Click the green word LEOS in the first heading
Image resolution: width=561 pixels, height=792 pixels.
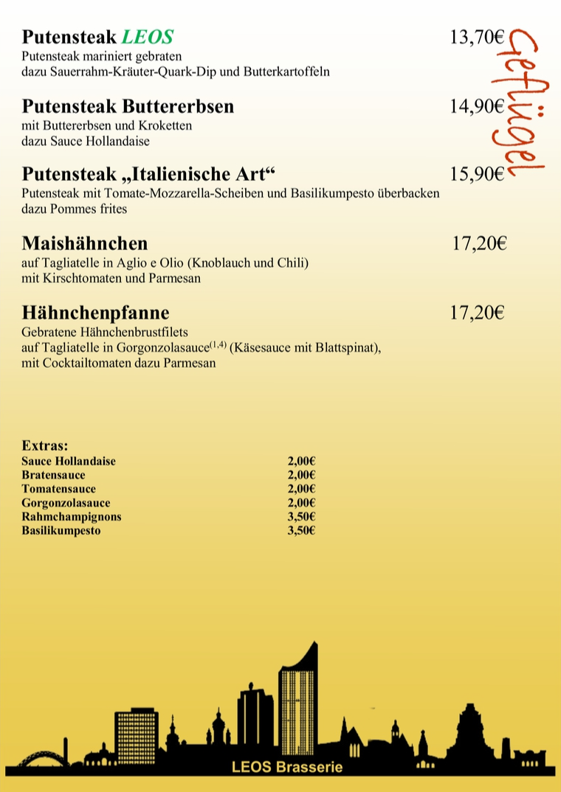click(x=148, y=37)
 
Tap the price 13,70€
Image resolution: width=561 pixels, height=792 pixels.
click(x=477, y=37)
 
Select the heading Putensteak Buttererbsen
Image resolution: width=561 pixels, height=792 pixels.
click(x=128, y=106)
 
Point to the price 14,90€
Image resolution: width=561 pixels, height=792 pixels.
click(x=477, y=106)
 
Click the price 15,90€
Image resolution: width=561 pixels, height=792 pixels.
click(x=477, y=175)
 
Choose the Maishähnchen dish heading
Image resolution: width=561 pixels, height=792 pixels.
click(x=85, y=243)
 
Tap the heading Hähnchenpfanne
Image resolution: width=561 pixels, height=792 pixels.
click(x=96, y=313)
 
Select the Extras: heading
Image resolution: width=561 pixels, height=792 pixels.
click(x=45, y=445)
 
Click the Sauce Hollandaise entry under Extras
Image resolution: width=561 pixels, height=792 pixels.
click(x=69, y=461)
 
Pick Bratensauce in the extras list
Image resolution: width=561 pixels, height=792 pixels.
click(x=53, y=475)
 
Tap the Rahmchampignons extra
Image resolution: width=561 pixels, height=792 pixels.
click(x=72, y=516)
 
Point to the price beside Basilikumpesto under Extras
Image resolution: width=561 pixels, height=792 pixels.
click(x=301, y=530)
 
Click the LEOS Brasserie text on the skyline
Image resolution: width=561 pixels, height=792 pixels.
click(x=286, y=767)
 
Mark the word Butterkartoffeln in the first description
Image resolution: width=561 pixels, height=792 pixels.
click(x=289, y=72)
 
